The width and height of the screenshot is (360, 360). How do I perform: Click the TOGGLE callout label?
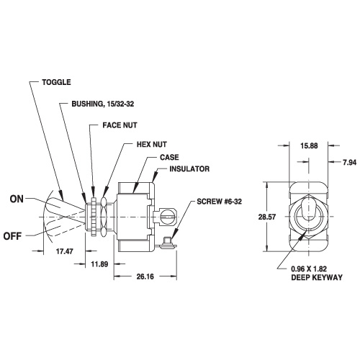pos(56,82)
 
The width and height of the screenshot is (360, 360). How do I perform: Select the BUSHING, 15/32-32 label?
pos(103,104)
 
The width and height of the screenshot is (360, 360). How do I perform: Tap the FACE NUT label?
pos(120,125)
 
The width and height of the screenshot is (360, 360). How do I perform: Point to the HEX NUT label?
pos(152,145)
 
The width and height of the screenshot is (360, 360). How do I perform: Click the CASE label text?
pos(169,158)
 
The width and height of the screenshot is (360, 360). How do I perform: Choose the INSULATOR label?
pos(189,169)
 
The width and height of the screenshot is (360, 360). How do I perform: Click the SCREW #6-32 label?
pos(219,202)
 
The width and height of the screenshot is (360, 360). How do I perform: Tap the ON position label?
pos(17,199)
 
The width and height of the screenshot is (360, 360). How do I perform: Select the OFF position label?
pos(12,236)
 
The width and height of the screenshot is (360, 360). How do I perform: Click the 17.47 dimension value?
pos(64,251)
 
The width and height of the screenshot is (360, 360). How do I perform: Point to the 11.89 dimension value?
pos(99,264)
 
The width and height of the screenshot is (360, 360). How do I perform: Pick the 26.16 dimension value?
pos(145,276)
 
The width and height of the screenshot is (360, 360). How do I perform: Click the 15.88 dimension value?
pos(309,145)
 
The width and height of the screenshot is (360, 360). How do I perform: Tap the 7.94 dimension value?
pos(349,163)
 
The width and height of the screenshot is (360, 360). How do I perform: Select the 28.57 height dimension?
pos(267,217)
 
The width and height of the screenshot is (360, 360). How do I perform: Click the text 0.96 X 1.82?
pos(309,269)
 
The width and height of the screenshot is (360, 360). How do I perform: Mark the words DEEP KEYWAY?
pos(317,278)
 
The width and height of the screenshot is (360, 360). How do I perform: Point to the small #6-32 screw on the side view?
pos(167,243)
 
